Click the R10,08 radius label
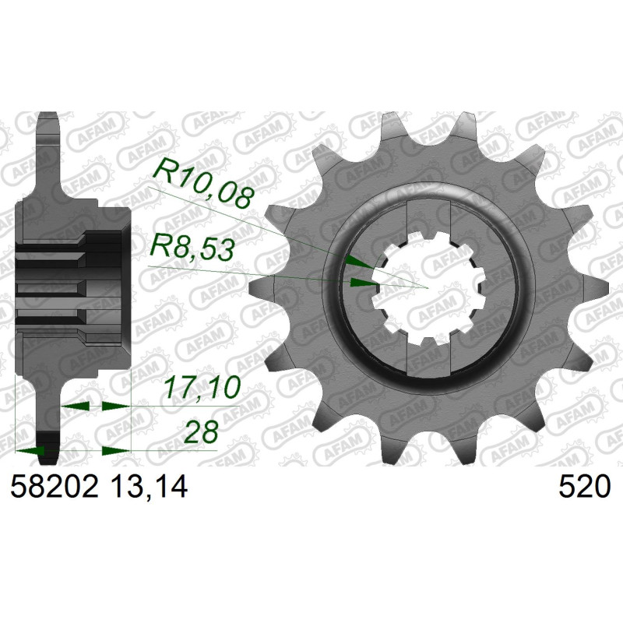click(x=202, y=184)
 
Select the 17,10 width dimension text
click(x=202, y=387)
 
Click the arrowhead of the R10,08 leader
click(x=360, y=262)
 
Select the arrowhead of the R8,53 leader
click(x=363, y=283)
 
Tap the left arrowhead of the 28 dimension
click(x=29, y=451)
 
